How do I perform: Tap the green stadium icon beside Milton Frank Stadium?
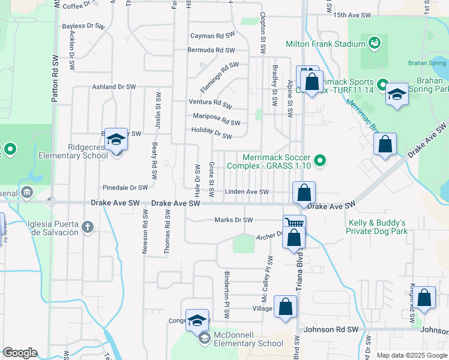tap(375, 43)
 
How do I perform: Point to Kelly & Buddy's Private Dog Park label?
tap(378, 227)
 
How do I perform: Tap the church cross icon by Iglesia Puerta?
tap(88, 226)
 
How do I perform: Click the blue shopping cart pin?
tap(294, 223)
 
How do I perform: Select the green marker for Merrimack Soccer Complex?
tap(320, 160)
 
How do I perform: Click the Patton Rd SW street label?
tap(55, 79)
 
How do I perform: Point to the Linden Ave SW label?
tap(247, 192)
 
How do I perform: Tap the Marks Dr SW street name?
tap(234, 220)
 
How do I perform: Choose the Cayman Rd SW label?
tap(212, 36)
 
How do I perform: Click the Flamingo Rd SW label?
tap(220, 77)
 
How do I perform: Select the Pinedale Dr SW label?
tap(125, 187)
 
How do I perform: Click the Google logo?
tap(20, 353)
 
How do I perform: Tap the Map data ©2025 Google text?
tap(411, 355)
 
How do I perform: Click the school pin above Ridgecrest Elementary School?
tap(116, 139)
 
